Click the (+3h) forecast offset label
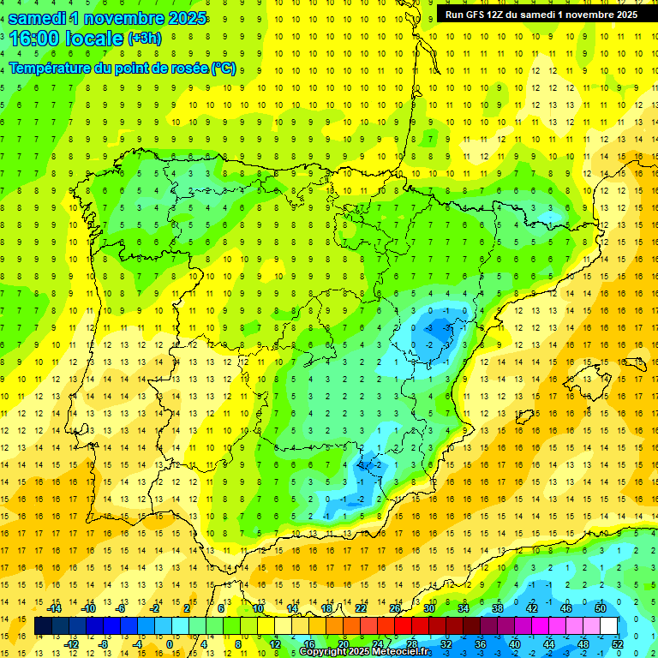[x=144, y=39]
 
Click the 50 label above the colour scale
[x=601, y=607]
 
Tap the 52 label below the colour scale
[x=618, y=644]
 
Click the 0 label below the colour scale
[x=170, y=644]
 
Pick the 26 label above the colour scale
[x=395, y=607]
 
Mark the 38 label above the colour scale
[x=498, y=607]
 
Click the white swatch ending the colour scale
[x=608, y=625]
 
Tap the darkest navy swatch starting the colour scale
[x=43, y=625]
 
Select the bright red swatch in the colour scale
[x=403, y=625]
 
